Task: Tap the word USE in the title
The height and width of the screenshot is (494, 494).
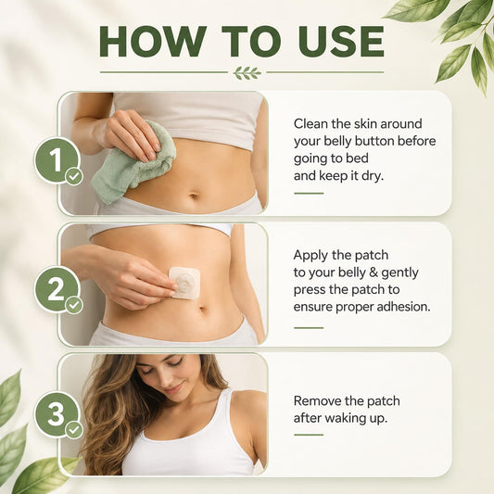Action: pyautogui.click(x=341, y=42)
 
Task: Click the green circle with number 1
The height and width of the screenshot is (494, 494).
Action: pyautogui.click(x=57, y=159)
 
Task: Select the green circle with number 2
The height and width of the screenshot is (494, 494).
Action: pyautogui.click(x=57, y=289)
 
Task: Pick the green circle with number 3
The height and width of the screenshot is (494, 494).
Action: pyautogui.click(x=57, y=414)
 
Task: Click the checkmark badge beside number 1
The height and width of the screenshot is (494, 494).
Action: pyautogui.click(x=74, y=177)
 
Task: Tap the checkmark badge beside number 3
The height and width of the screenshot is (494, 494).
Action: pyautogui.click(x=74, y=430)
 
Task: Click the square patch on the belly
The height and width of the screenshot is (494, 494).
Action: pyautogui.click(x=185, y=283)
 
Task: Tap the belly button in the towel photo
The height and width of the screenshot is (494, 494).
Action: pyautogui.click(x=194, y=196)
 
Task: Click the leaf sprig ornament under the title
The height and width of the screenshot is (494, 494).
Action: pyautogui.click(x=247, y=73)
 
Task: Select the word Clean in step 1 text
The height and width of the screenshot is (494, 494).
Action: pyautogui.click(x=311, y=124)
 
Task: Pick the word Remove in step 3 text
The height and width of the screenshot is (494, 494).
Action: pyautogui.click(x=317, y=401)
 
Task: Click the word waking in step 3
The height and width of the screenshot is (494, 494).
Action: pyautogui.click(x=343, y=419)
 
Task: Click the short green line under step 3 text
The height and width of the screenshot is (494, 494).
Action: pyautogui.click(x=309, y=435)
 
